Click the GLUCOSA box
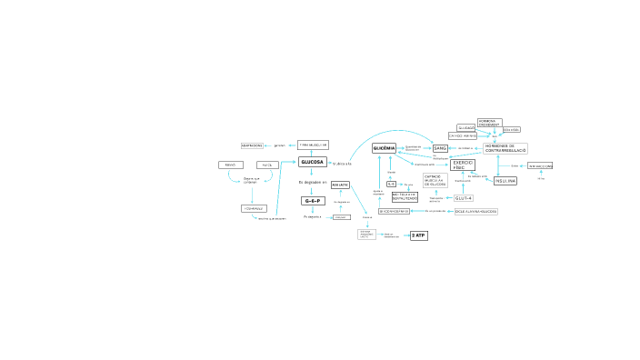point(312,162)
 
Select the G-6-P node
point(312,201)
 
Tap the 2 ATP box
point(418,235)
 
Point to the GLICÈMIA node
point(384,147)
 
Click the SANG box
point(440,147)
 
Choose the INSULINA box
point(505,181)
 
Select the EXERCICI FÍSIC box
point(464,165)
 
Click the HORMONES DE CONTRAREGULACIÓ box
point(505,147)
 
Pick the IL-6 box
point(391,184)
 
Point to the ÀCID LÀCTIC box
point(340,185)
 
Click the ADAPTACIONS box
point(252,145)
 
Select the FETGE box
point(267,165)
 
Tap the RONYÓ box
point(229,165)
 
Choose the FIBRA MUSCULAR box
point(313,145)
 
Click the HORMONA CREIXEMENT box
point(488,122)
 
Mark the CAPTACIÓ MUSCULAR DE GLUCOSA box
point(435,180)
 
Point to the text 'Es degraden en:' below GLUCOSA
point(312,182)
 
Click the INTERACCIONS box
point(540,166)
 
